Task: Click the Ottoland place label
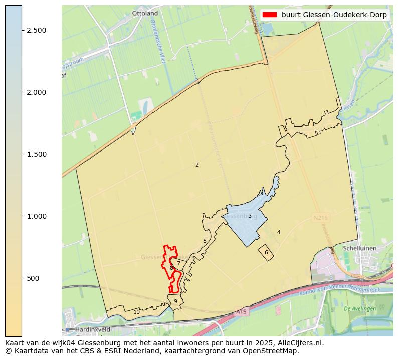[x=145, y=13]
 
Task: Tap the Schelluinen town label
[x=359, y=248]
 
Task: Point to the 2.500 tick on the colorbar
[x=36, y=30]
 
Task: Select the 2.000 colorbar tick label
[x=36, y=92]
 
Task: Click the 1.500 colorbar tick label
[x=36, y=154]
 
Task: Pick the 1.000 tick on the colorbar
[x=36, y=216]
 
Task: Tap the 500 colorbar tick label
[x=33, y=278]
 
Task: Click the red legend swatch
[x=269, y=15]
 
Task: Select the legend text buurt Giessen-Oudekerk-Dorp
[x=334, y=15]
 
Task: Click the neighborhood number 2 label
[x=197, y=165]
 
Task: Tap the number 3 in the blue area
[x=250, y=216]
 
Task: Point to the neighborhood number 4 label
[x=279, y=232]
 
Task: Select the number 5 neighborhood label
[x=205, y=241]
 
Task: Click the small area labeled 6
[x=266, y=253]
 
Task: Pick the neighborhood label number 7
[x=178, y=263]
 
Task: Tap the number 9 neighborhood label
[x=175, y=301]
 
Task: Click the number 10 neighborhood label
[x=136, y=312]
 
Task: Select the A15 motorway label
[x=242, y=312]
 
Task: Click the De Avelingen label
[x=360, y=309]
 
